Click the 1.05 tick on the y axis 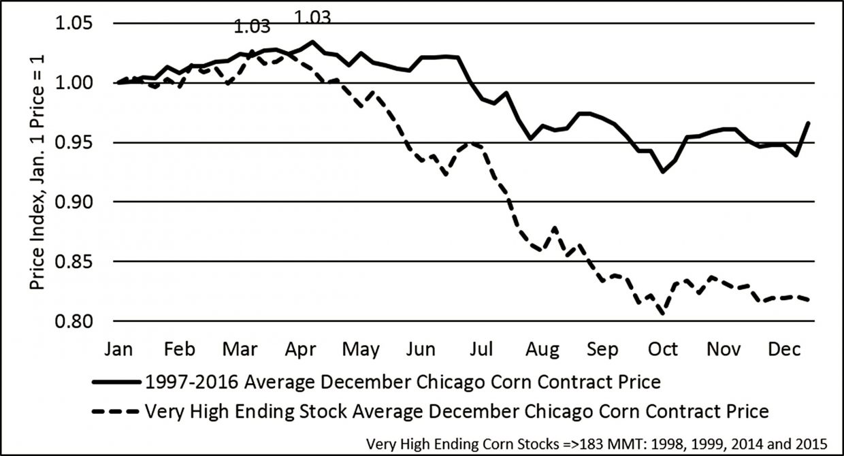[x=75, y=24]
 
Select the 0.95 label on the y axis [x=75, y=143]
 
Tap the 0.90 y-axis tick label [x=75, y=202]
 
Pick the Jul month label [x=482, y=349]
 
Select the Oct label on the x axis [x=663, y=349]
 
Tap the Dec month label [x=784, y=349]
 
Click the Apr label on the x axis [x=299, y=349]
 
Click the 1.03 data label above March [x=252, y=27]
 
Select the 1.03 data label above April [x=312, y=15]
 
